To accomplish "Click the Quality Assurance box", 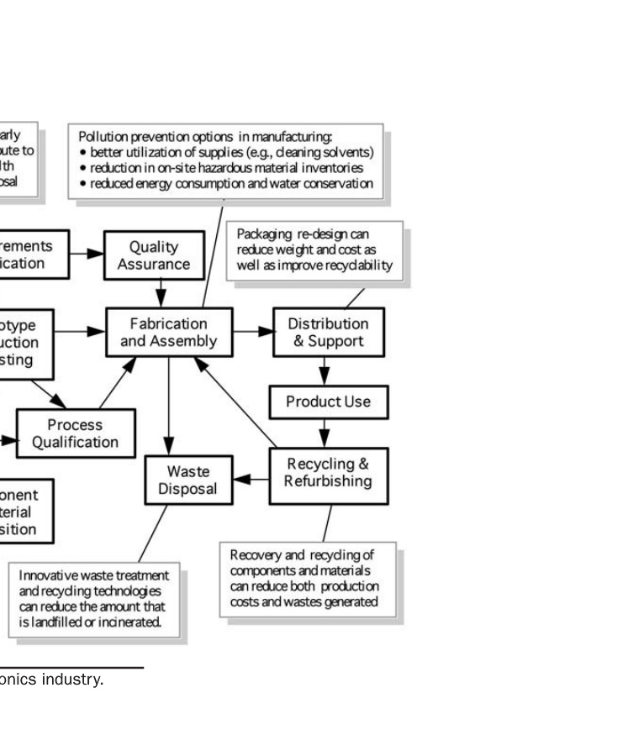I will pyautogui.click(x=154, y=255).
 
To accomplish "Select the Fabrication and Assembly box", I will pyautogui.click(x=168, y=332).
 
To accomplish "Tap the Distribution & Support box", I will pyautogui.click(x=329, y=332).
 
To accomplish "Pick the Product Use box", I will pyautogui.click(x=328, y=402).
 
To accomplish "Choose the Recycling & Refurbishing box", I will pyautogui.click(x=328, y=472).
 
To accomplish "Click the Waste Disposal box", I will pyautogui.click(x=188, y=480).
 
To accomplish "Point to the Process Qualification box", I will pyautogui.click(x=76, y=433).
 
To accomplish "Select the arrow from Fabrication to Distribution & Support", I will pyautogui.click(x=252, y=331).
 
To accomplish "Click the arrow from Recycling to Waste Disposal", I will pyautogui.click(x=250, y=479).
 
